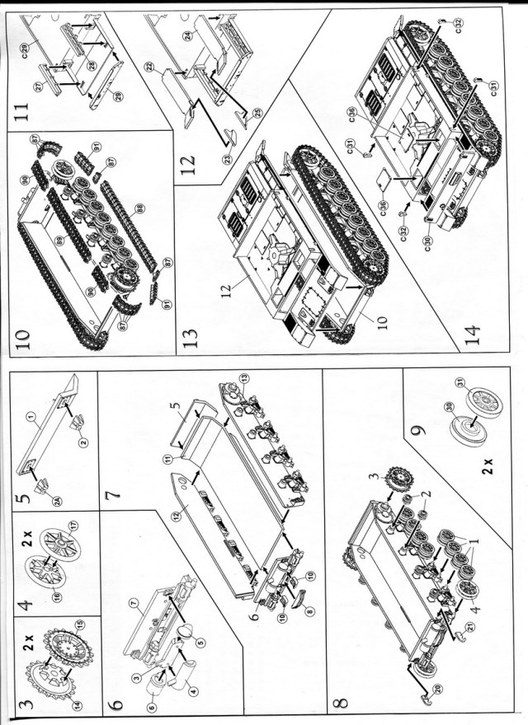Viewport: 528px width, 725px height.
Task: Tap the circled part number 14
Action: coord(56,705)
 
